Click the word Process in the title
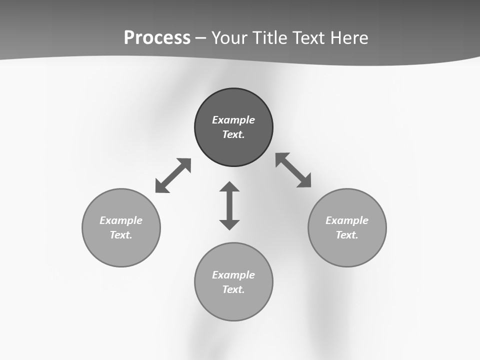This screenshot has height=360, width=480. (x=157, y=38)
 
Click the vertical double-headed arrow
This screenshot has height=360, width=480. (x=229, y=205)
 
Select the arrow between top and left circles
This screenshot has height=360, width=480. (x=173, y=175)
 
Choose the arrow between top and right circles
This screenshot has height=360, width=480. (x=293, y=170)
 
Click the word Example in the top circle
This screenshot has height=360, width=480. (x=233, y=120)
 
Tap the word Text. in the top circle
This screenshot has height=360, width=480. (x=233, y=134)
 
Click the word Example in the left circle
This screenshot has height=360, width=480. (x=121, y=220)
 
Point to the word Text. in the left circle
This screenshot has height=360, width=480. (x=121, y=235)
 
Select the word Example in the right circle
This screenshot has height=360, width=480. (x=347, y=220)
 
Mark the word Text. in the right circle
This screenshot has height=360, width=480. (x=347, y=235)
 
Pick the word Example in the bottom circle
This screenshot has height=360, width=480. (x=233, y=275)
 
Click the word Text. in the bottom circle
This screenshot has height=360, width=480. (x=233, y=289)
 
